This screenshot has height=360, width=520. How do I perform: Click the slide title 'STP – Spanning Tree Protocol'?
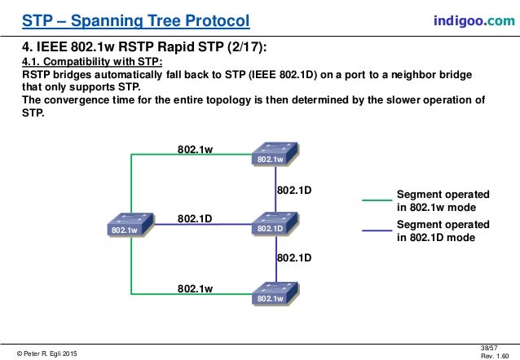(135, 20)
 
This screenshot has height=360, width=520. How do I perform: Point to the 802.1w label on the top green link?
(196, 149)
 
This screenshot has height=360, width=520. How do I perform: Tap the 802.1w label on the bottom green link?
(196, 288)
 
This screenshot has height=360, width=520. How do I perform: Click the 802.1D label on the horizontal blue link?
(196, 218)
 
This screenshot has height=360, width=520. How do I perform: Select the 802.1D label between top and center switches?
(295, 190)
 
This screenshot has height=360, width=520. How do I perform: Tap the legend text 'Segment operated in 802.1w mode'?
(443, 201)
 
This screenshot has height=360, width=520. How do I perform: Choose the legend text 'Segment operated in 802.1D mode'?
(443, 231)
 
